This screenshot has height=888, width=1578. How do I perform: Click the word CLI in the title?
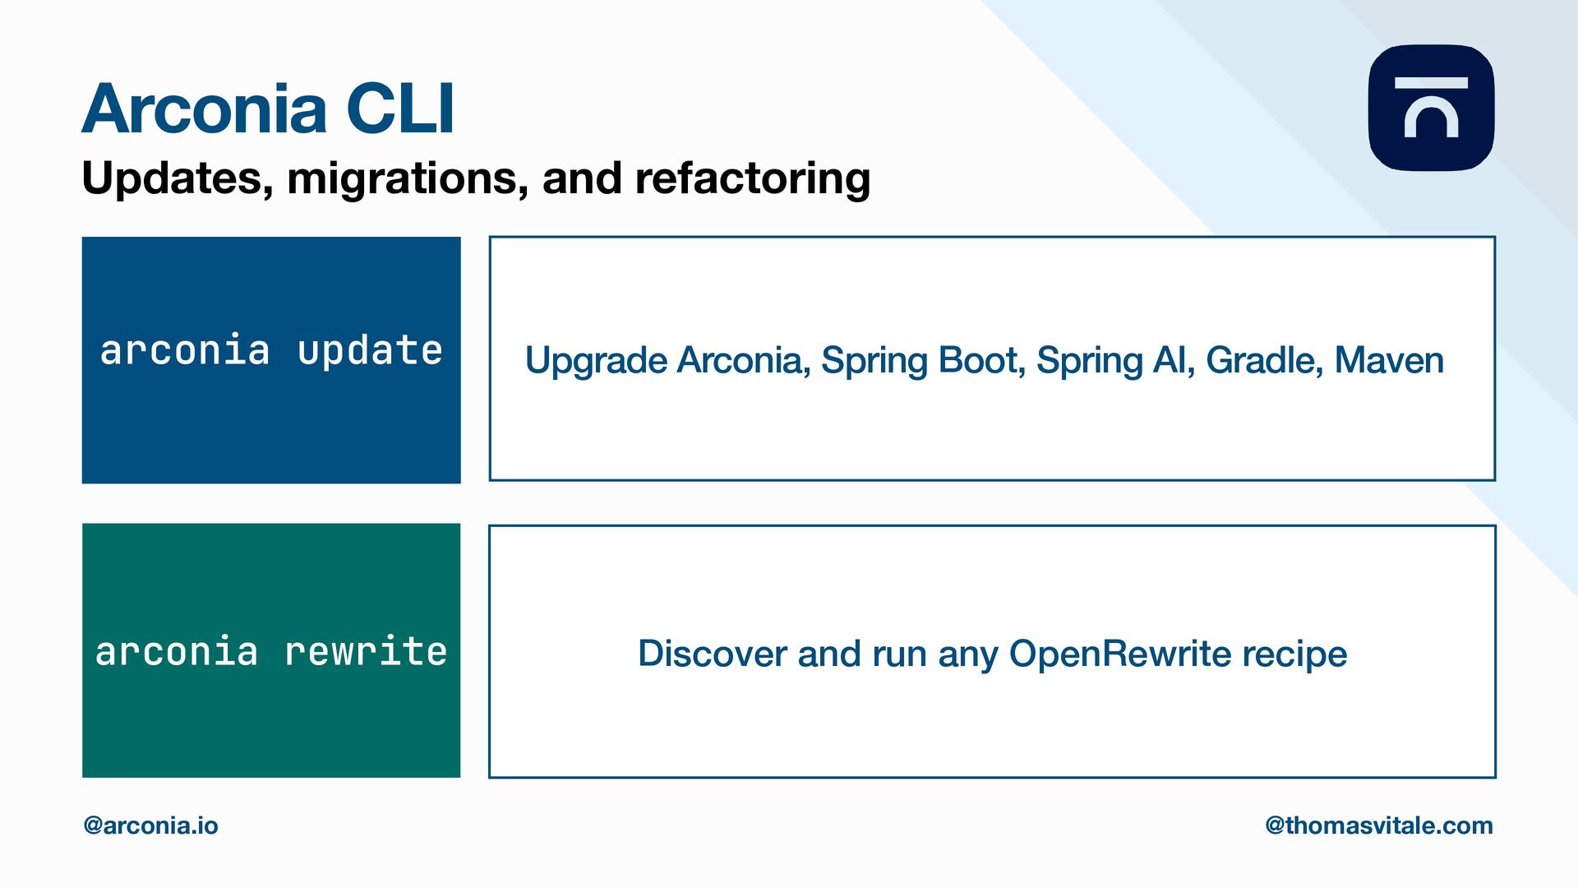[400, 109]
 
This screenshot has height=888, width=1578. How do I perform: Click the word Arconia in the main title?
[205, 109]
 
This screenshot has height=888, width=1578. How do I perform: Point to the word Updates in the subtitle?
[178, 179]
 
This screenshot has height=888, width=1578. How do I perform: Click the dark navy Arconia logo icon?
[1431, 108]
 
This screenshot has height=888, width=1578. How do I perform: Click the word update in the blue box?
[370, 352]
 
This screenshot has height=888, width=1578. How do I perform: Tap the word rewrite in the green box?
[366, 652]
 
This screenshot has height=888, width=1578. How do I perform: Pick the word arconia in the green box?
[177, 652]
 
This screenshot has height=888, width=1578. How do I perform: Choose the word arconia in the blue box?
[185, 350]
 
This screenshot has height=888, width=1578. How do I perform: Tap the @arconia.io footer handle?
[151, 826]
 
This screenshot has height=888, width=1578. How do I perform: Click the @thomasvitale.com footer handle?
[1379, 826]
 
